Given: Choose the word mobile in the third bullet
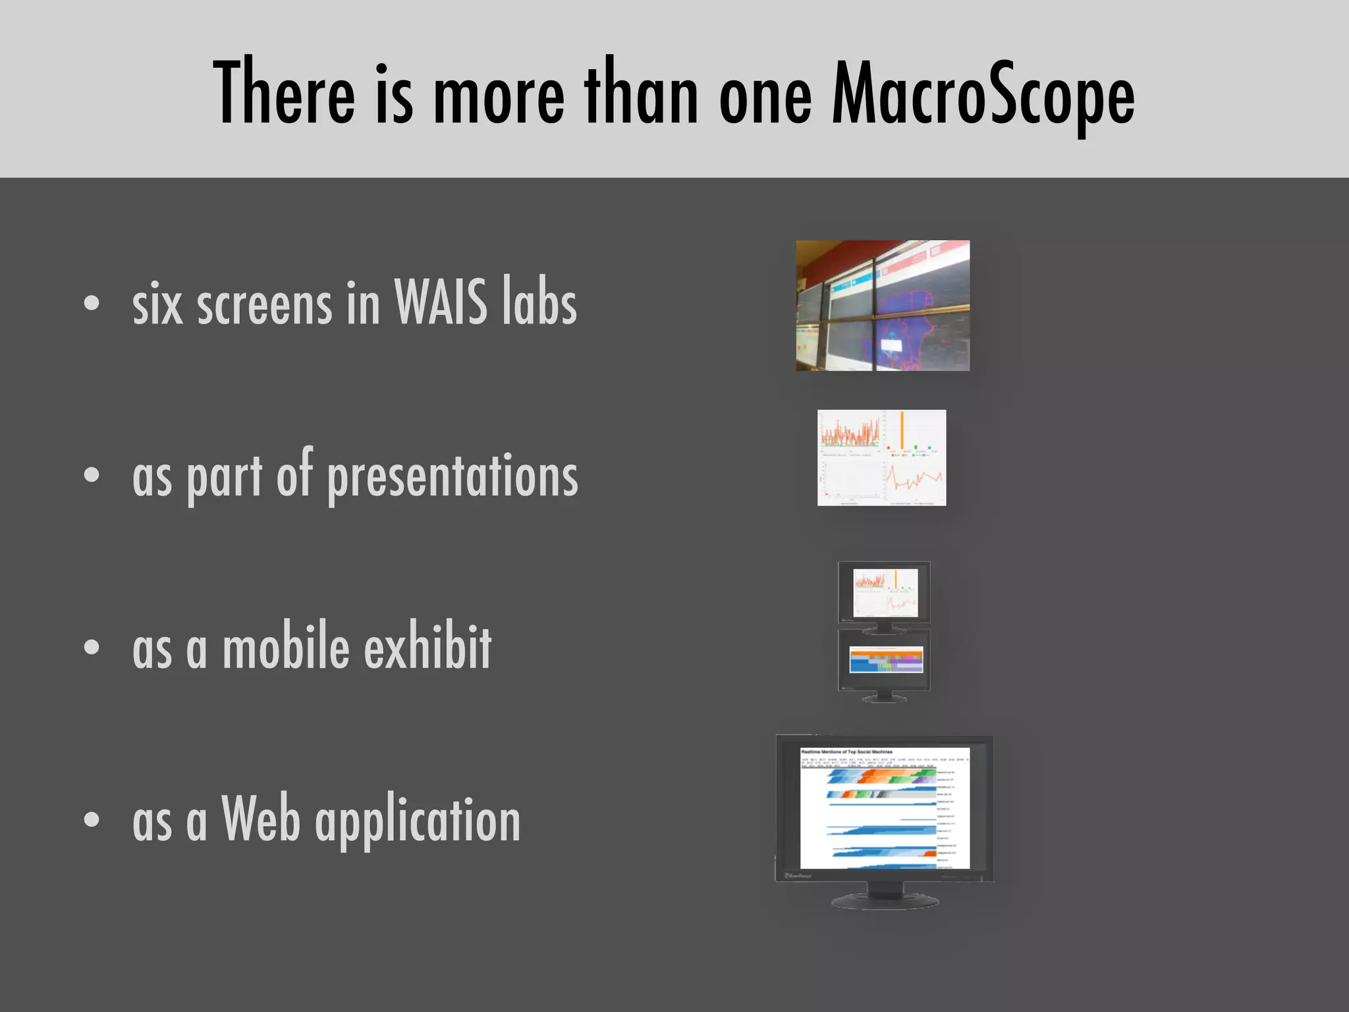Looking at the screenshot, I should point(286,647).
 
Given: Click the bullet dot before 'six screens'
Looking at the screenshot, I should point(92,303).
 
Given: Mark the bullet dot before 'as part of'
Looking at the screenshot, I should point(92,475).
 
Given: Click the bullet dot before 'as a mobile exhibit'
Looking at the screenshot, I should point(92,647).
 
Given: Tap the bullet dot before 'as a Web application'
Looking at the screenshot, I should point(92,819).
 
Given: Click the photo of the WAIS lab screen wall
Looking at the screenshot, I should point(883,306).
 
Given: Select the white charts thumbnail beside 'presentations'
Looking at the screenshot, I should point(881,458).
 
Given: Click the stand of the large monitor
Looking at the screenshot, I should point(885,896).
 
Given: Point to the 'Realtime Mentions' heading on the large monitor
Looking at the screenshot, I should point(846,752).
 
